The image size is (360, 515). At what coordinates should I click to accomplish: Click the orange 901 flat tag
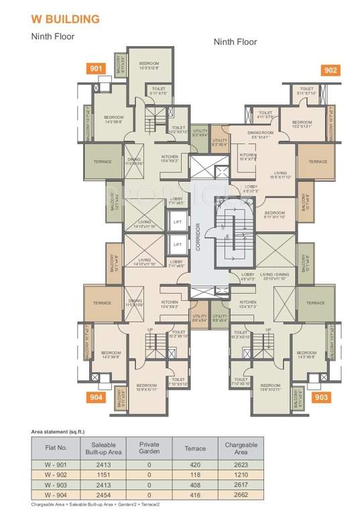tap(96, 68)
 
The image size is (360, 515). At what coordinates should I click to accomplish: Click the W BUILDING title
tap(64, 19)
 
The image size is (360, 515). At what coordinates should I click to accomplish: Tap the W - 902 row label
tap(54, 473)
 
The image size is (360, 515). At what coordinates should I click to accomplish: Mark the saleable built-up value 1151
tap(101, 473)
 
